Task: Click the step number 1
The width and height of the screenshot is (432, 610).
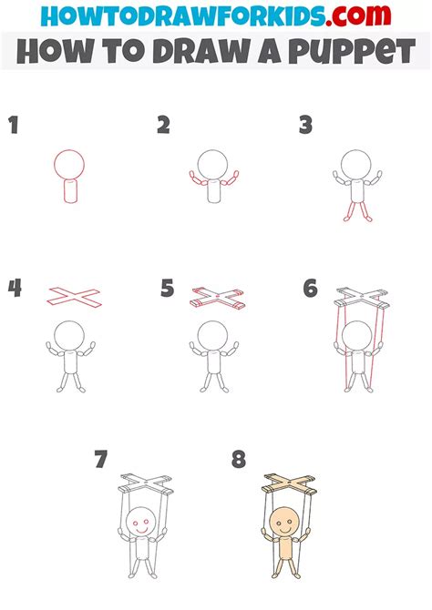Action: click(14, 126)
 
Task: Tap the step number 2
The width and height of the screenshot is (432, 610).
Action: click(163, 126)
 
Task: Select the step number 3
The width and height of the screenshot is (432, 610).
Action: click(306, 126)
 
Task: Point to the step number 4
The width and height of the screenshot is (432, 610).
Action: click(15, 289)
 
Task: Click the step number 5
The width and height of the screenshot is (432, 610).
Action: click(167, 289)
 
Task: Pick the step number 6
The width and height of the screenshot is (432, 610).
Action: click(310, 289)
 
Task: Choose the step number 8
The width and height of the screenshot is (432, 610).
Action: click(239, 459)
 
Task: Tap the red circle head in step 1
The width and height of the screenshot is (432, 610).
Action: click(69, 165)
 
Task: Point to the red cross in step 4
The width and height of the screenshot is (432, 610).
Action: click(74, 295)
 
